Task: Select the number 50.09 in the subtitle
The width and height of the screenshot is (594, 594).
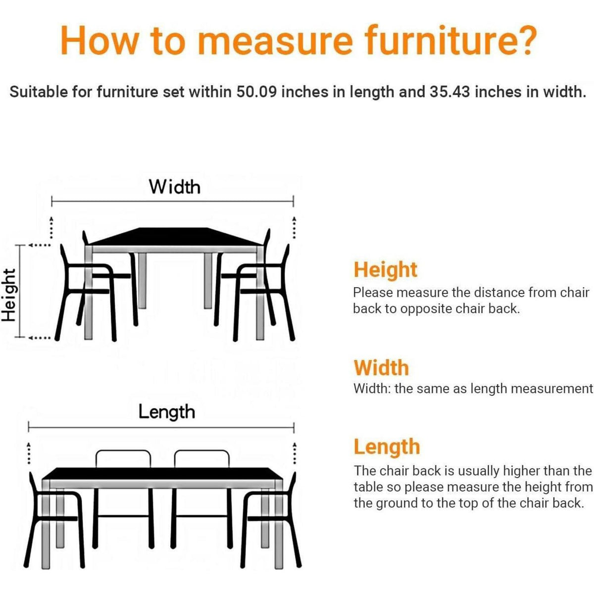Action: pyautogui.click(x=256, y=92)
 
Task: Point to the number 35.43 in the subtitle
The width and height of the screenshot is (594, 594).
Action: pyautogui.click(x=450, y=92)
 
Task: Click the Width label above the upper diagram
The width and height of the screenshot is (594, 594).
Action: pyautogui.click(x=175, y=187)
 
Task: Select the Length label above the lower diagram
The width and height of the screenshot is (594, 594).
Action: pyautogui.click(x=167, y=413)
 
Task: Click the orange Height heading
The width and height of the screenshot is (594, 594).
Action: pyautogui.click(x=385, y=270)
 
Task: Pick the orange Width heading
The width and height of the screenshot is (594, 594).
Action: pyautogui.click(x=381, y=368)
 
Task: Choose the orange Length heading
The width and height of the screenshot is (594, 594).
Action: pyautogui.click(x=387, y=447)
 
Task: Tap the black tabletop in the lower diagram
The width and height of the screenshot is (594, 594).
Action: pyautogui.click(x=162, y=474)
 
